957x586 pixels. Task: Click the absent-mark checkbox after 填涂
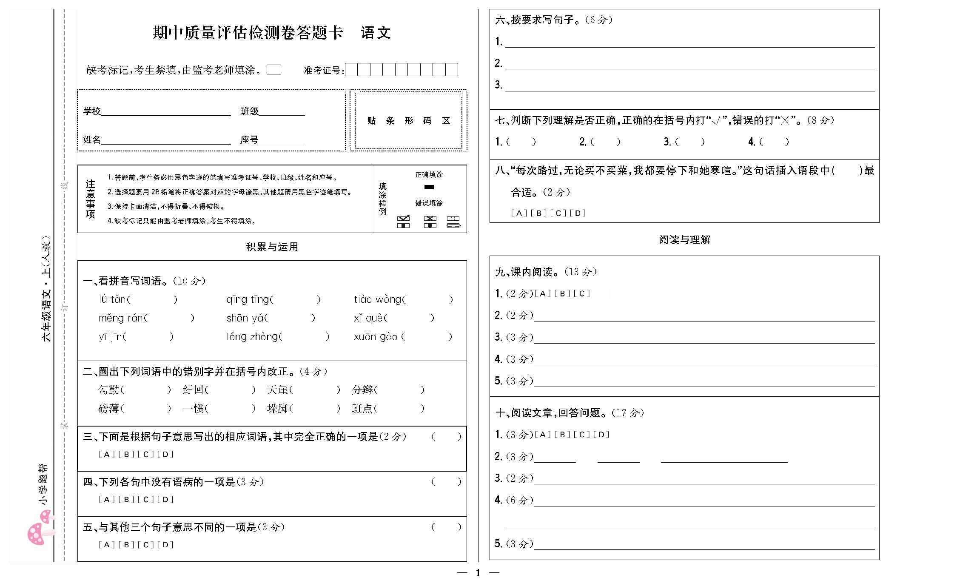pos(273,70)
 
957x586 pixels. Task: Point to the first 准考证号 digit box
pos(351,70)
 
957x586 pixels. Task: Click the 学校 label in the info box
pos(92,111)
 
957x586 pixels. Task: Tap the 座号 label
pos(249,140)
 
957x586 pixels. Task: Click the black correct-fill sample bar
pos(429,187)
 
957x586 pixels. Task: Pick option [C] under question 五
pos(145,545)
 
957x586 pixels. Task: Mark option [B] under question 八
pos(538,213)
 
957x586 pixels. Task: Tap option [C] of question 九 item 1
pos(582,293)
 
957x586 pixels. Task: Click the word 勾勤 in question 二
pos(108,390)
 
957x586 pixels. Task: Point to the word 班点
pos(362,409)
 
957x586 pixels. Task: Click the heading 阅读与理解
pos(684,240)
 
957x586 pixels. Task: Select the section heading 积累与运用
pos(272,247)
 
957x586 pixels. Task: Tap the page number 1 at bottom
pos(478,573)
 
